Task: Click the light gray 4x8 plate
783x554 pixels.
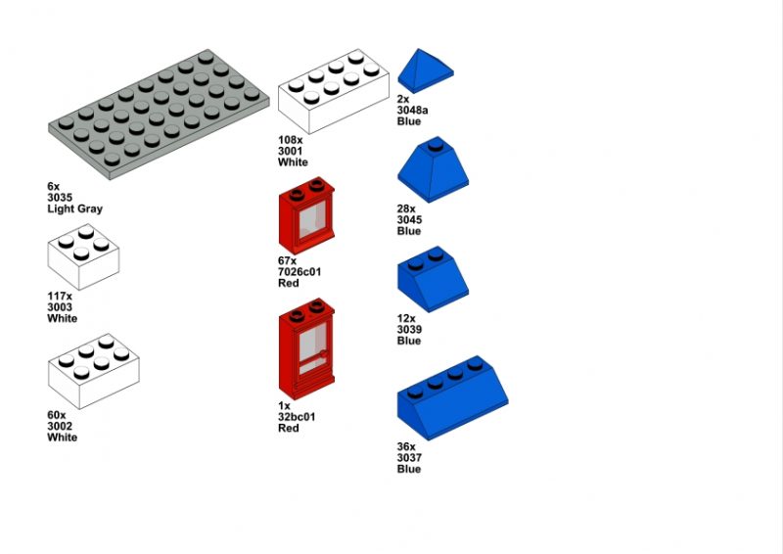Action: tap(159, 115)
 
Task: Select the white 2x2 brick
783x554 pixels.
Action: tap(83, 256)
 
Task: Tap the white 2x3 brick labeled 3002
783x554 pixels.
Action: tap(93, 372)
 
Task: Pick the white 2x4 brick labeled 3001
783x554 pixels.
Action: tap(334, 91)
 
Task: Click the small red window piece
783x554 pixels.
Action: tap(306, 215)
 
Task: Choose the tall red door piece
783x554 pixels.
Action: tap(306, 349)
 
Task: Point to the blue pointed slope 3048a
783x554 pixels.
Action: tap(426, 70)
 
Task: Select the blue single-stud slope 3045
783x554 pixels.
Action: tap(433, 169)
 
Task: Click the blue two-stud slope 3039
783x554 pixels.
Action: tap(433, 279)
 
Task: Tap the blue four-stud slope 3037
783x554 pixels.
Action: tap(452, 398)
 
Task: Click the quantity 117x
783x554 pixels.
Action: tap(60, 297)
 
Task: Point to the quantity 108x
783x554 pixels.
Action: tap(290, 140)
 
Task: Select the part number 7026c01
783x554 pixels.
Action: tap(299, 272)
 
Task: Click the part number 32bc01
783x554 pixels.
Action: tap(297, 417)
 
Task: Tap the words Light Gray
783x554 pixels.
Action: tap(75, 208)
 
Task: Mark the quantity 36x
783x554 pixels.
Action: tap(406, 446)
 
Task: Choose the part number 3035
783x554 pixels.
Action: tap(60, 198)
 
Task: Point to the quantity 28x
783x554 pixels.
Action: tap(406, 208)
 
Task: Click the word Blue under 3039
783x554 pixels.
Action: tap(409, 341)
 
